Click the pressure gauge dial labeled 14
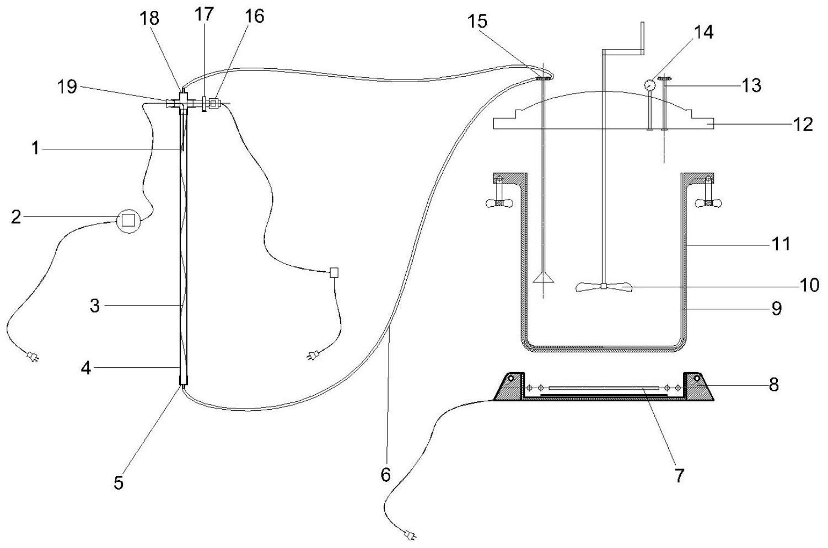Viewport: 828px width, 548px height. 649,85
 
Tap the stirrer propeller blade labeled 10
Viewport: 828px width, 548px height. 604,286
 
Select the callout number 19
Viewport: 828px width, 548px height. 68,87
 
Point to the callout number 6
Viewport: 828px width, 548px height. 385,474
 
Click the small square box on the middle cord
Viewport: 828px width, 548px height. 333,272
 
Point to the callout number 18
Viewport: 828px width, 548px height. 149,18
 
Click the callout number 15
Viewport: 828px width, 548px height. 477,22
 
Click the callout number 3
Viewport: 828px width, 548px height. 95,305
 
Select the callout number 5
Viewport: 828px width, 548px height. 119,482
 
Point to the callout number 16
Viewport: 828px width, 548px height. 254,16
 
